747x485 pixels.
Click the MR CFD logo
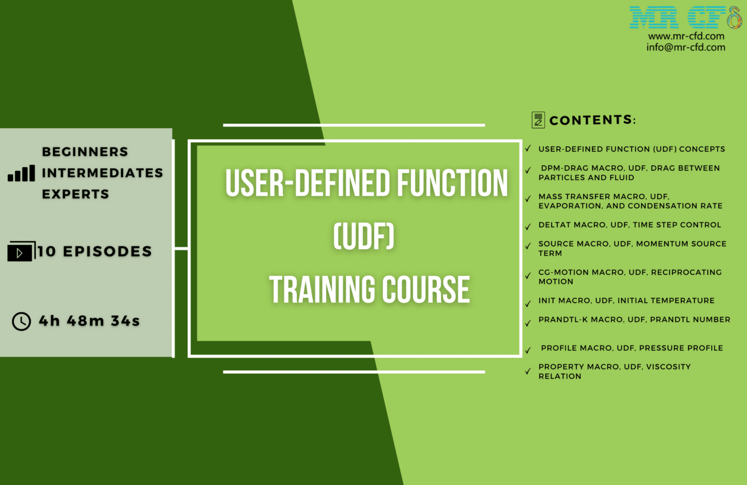click(685, 17)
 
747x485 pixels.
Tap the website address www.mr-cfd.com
click(686, 36)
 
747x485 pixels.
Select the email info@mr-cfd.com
click(686, 47)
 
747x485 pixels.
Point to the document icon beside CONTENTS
click(538, 120)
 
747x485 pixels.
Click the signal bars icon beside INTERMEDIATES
click(21, 173)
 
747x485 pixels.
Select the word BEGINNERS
click(85, 152)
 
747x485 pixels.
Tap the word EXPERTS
click(75, 194)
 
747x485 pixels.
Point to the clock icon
click(21, 321)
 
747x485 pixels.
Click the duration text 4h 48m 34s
click(89, 321)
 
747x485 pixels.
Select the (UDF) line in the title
click(364, 237)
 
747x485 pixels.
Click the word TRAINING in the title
click(322, 290)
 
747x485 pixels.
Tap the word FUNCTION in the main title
click(452, 184)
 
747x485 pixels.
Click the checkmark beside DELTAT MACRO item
click(528, 226)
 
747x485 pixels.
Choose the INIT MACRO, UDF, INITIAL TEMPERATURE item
click(626, 301)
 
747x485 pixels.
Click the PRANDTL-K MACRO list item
click(634, 320)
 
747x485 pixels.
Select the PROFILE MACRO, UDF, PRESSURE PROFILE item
click(632, 348)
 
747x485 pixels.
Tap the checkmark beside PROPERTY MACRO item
click(528, 371)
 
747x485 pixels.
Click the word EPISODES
click(107, 252)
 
